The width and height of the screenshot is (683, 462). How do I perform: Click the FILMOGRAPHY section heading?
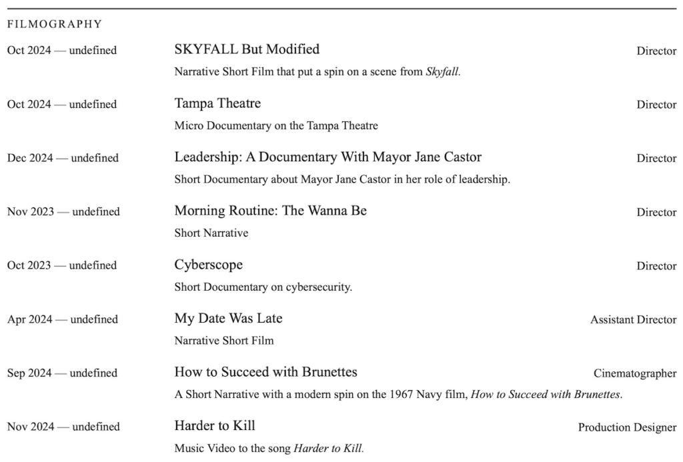tap(55, 25)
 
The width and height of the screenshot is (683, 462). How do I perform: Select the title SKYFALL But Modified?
tap(247, 49)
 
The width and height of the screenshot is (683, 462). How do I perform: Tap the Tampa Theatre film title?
tap(217, 103)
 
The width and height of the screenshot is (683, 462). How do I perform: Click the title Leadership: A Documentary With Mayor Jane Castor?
tap(327, 157)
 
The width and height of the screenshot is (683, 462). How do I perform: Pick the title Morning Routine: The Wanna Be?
tap(270, 211)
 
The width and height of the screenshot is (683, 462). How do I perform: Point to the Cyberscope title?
tap(208, 265)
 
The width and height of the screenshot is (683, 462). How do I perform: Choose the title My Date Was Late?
tap(228, 319)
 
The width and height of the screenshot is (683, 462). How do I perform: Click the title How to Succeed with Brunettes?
tap(265, 372)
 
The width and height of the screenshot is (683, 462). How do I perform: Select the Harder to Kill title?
tap(215, 426)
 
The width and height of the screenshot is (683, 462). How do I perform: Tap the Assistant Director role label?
tap(633, 320)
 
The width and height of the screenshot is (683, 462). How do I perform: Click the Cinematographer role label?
tap(635, 373)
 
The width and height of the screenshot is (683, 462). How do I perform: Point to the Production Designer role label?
tap(627, 427)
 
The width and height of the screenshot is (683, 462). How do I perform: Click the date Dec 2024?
tap(30, 158)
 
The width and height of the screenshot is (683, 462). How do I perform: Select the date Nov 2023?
tap(31, 211)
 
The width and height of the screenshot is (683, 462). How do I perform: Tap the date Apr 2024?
tap(29, 319)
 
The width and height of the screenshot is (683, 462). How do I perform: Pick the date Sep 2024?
tap(29, 373)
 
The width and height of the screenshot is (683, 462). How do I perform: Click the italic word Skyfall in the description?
tap(442, 72)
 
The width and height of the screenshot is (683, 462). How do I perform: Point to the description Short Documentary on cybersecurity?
tap(263, 287)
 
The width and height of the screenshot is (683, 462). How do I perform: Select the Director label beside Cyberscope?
tap(656, 266)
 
